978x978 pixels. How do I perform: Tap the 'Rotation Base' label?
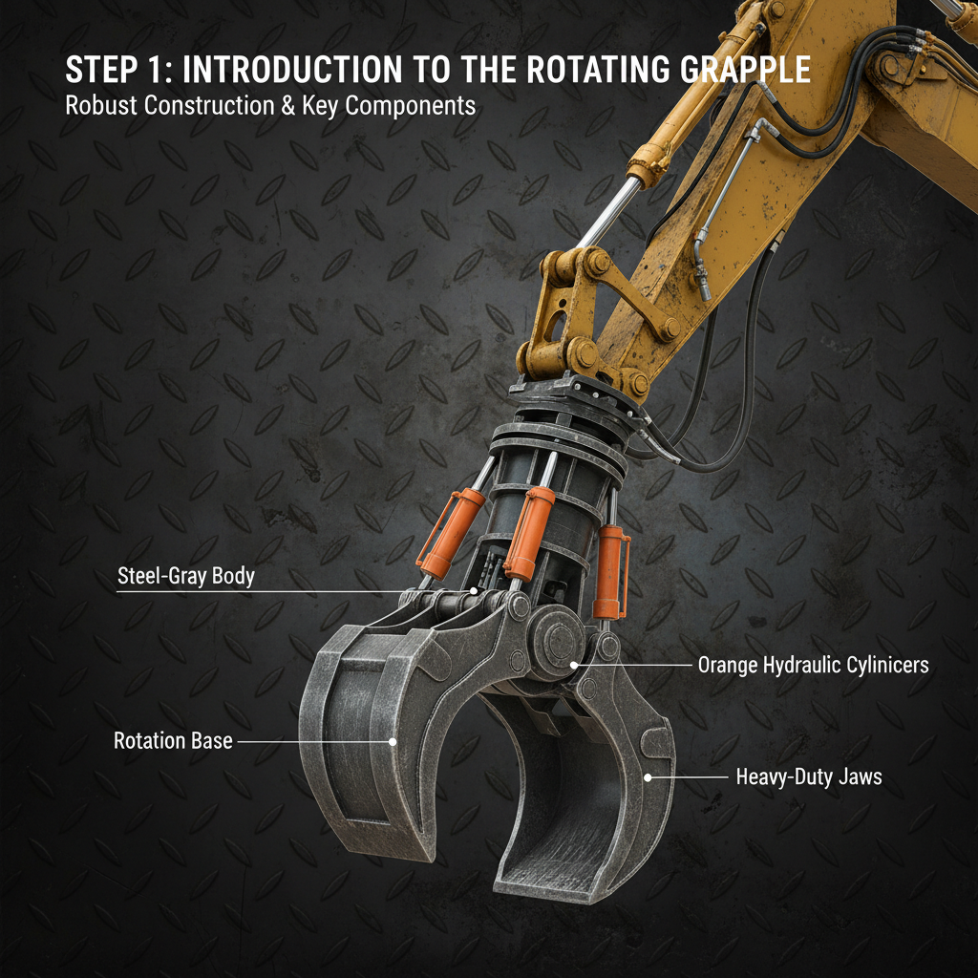173,741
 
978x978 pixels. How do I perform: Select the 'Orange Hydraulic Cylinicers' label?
813,665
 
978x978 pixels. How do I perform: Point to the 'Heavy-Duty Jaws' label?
808,777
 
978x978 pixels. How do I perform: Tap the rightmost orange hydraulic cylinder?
610,573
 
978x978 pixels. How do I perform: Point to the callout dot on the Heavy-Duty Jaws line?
649,777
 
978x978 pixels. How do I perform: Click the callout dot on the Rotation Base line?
392,740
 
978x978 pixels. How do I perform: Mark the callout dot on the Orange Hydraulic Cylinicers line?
574,664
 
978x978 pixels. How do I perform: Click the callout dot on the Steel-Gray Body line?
475,592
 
